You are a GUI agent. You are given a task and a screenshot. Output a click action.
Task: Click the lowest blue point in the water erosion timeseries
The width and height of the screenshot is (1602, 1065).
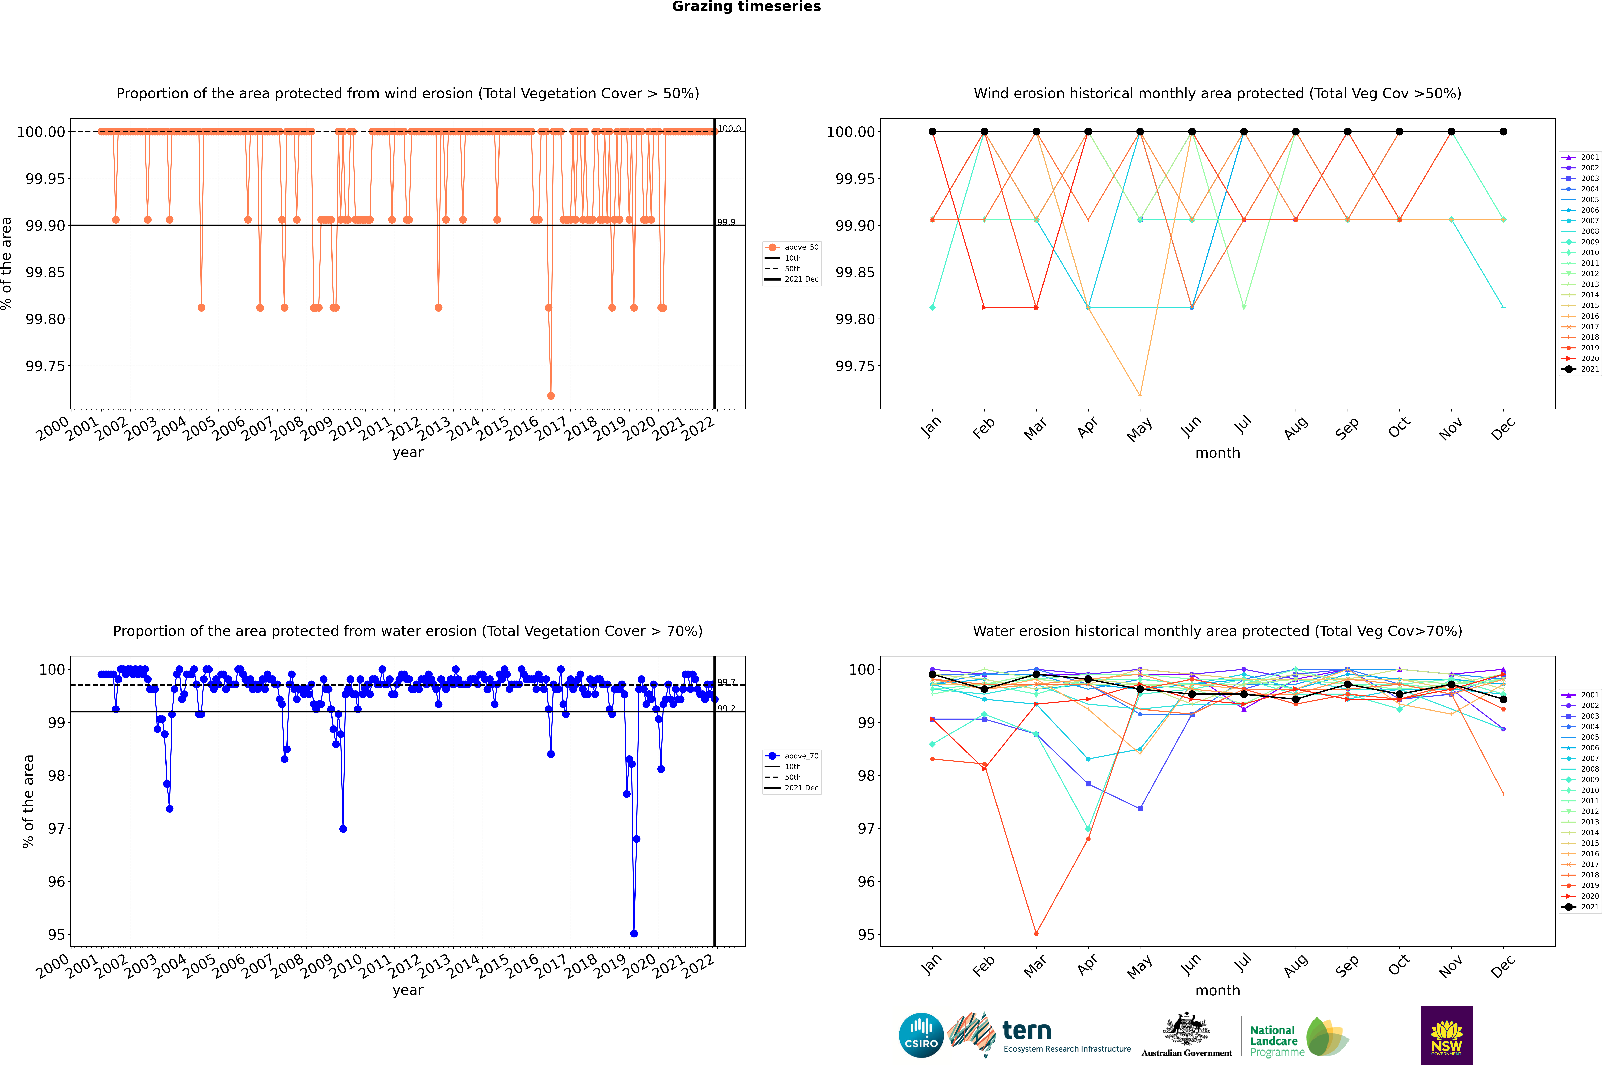coord(634,933)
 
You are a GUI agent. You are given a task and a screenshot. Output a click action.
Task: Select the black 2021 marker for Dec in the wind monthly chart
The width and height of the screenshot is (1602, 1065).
coord(1503,132)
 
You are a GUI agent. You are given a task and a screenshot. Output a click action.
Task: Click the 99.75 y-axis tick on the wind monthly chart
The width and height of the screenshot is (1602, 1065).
coord(855,366)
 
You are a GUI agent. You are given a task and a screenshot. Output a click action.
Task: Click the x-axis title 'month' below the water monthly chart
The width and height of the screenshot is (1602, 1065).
coord(1217,990)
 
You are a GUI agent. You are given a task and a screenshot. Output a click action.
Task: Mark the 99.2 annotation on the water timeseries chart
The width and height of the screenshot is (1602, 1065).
coord(726,708)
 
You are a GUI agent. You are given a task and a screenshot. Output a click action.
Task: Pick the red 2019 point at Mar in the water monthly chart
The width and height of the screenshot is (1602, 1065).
coord(1036,933)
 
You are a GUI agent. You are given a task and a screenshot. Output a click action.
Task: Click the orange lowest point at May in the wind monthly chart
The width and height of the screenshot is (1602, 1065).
coord(1140,395)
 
